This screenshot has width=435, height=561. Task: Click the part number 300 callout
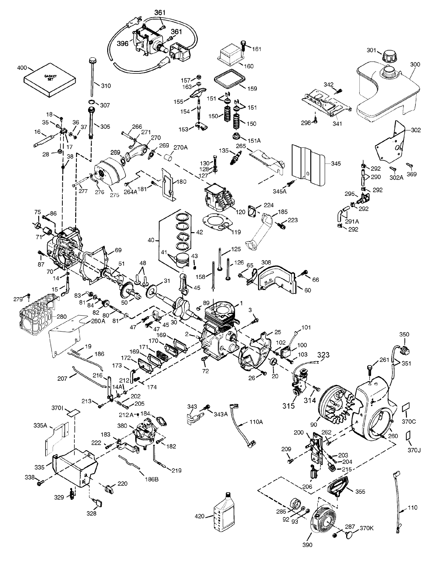[415, 64]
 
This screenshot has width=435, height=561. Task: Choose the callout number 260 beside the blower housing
[393, 436]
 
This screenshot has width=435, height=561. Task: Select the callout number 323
[323, 355]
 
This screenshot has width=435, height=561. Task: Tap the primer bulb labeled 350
[405, 348]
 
